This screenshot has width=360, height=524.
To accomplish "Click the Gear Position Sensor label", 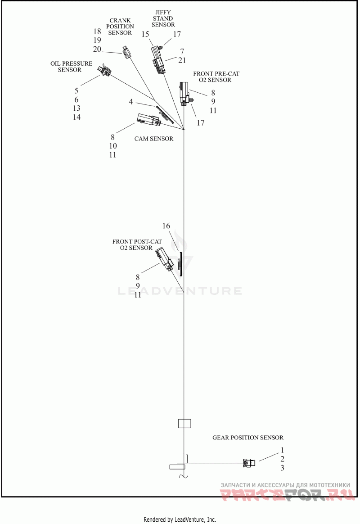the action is [x=248, y=438].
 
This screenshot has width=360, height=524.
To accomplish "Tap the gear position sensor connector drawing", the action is [x=249, y=463].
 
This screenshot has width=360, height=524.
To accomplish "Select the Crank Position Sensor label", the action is [x=120, y=27].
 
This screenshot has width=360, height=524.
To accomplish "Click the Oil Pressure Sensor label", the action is [x=71, y=67].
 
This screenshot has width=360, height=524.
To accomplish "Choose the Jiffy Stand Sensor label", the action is [x=163, y=18].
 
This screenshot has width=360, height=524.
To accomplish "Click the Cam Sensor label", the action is [x=153, y=139].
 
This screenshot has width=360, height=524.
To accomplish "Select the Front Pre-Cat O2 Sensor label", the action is [x=213, y=77].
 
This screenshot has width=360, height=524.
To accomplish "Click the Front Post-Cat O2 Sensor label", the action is [x=137, y=245].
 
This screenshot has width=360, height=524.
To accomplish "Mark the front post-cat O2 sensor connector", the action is [x=165, y=260].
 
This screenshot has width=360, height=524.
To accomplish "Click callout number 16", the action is [x=166, y=226].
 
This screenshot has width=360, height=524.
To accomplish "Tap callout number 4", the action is [x=131, y=102].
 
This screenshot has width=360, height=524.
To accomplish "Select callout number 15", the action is [x=145, y=34].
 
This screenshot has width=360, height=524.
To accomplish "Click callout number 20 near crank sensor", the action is [x=97, y=49].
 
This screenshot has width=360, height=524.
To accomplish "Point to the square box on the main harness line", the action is [x=184, y=424].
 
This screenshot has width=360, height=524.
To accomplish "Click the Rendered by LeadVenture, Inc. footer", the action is [x=180, y=519].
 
